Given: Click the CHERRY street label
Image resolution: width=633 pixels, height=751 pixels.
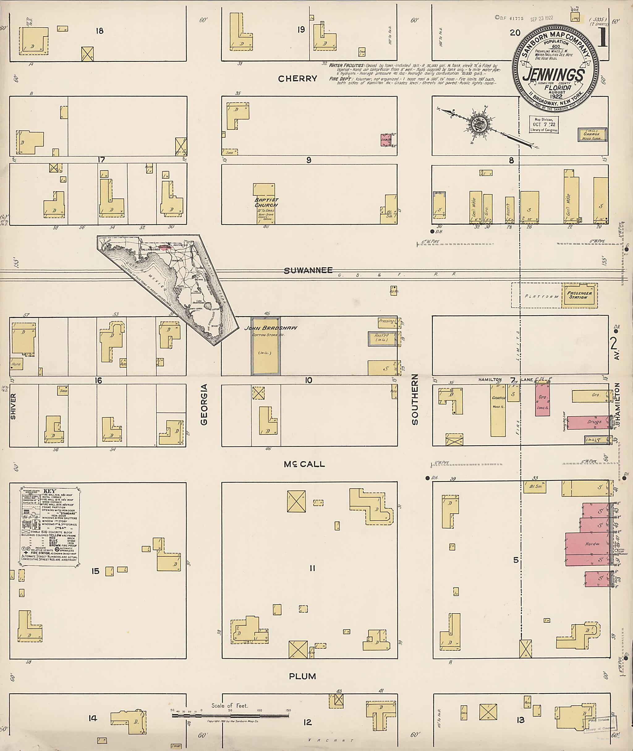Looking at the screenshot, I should pyautogui.click(x=297, y=79).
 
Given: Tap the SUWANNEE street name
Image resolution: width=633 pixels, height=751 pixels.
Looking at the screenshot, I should pyautogui.click(x=308, y=271).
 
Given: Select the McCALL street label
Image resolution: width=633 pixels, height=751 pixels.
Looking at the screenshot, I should pyautogui.click(x=304, y=464).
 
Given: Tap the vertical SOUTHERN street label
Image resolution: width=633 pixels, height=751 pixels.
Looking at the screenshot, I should pyautogui.click(x=415, y=399).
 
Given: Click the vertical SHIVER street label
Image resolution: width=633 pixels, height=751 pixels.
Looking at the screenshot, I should pyautogui.click(x=13, y=406).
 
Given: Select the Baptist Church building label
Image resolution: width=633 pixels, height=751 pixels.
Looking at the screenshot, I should pyautogui.click(x=266, y=203).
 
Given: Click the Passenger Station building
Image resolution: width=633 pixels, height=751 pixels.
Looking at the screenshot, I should pyautogui.click(x=580, y=295).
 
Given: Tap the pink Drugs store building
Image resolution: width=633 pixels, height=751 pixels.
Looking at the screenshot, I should pyautogui.click(x=588, y=422).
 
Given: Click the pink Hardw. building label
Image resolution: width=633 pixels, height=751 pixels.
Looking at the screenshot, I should pyautogui.click(x=593, y=544).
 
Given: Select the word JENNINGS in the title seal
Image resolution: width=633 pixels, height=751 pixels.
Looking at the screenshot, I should pyautogui.click(x=553, y=75).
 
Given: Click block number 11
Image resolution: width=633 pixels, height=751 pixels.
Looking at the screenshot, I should pyautogui.click(x=312, y=568).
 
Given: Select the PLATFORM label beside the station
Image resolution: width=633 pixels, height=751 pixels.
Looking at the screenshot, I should pyautogui.click(x=542, y=297).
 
